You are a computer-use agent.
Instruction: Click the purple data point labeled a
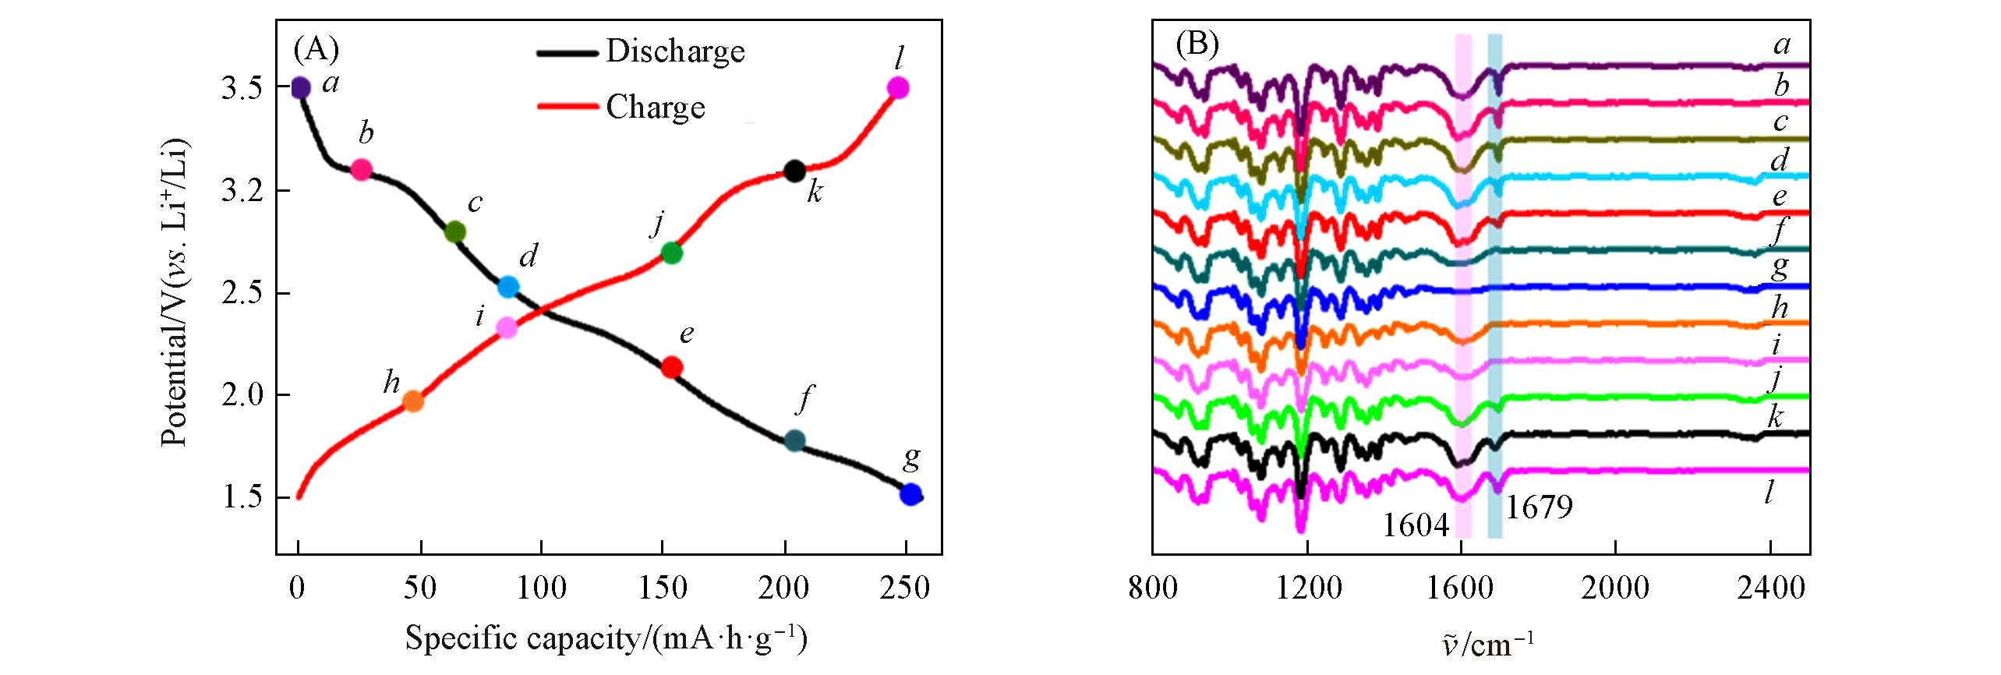click(x=300, y=88)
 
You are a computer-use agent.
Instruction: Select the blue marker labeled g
click(x=910, y=494)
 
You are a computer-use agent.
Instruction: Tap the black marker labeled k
click(x=794, y=171)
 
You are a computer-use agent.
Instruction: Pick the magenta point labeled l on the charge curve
click(x=898, y=87)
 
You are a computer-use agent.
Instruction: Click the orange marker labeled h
click(x=413, y=401)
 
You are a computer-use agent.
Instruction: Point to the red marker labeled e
click(x=671, y=367)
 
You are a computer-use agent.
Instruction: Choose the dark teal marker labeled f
click(x=794, y=440)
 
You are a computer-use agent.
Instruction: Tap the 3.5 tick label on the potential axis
click(x=243, y=89)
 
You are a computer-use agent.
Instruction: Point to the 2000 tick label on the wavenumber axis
click(x=1616, y=588)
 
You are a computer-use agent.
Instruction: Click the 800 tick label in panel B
click(x=1153, y=588)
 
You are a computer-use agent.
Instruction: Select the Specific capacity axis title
click(x=605, y=638)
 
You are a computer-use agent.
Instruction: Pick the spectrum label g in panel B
click(x=1780, y=267)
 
